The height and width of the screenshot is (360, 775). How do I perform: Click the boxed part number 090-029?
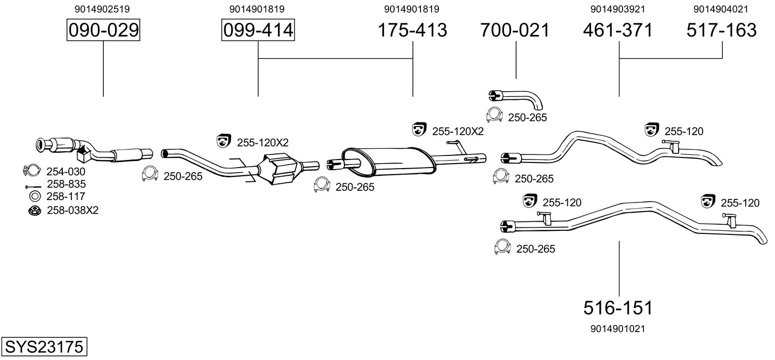tap(103, 30)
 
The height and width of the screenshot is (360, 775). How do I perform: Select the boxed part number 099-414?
tap(258, 30)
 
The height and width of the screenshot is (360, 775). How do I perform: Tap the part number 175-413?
tap(413, 30)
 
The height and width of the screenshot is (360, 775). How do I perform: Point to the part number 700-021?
tap(515, 30)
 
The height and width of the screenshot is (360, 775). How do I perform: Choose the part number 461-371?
tap(618, 30)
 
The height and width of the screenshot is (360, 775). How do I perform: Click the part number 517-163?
tap(722, 30)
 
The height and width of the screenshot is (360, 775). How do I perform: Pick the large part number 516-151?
tap(618, 307)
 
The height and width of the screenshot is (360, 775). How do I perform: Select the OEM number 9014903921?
tap(618, 9)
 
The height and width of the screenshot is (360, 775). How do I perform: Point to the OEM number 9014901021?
tap(618, 329)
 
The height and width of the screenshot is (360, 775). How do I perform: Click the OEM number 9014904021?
tap(721, 9)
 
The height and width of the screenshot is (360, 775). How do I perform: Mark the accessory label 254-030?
tap(66, 171)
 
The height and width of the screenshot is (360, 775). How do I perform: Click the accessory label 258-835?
tap(66, 184)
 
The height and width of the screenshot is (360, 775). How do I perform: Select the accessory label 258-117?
tap(66, 196)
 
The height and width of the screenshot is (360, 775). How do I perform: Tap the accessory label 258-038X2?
tap(72, 210)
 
